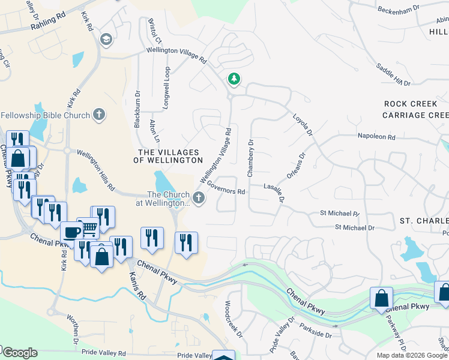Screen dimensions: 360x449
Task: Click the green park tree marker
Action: [x=234, y=79]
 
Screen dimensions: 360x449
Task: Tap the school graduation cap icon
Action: [x=107, y=40]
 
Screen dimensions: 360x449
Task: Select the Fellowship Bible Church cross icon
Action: [x=100, y=115]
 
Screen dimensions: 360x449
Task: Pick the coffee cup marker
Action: [x=72, y=232]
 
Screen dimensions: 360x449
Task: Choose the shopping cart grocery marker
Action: [x=89, y=227]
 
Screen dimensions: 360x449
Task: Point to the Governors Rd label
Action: [x=226, y=188]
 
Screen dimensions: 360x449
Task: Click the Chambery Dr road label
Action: [x=250, y=158]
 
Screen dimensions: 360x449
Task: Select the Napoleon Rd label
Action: [x=376, y=137]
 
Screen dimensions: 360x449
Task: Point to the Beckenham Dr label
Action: [x=402, y=10]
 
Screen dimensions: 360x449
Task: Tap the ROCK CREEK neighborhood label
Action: [x=411, y=104]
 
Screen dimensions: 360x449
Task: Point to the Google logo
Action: [x=19, y=353]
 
